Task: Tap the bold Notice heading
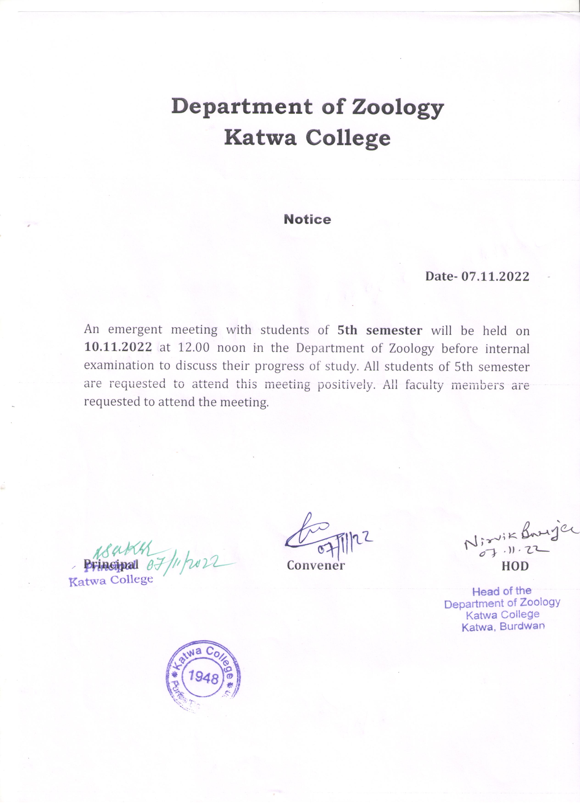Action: [x=307, y=219]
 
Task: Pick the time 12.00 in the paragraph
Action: [x=194, y=348]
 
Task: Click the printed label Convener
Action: [x=316, y=565]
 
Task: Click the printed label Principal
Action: [x=110, y=564]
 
